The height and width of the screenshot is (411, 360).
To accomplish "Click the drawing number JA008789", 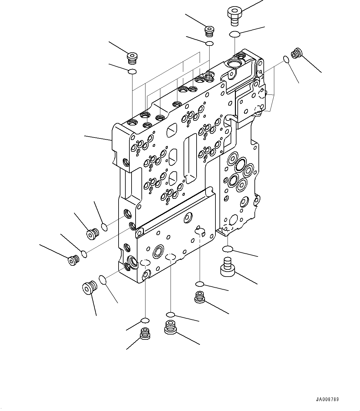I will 327,399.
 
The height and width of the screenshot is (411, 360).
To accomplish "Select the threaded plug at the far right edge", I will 296,53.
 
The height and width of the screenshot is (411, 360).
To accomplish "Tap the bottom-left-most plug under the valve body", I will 145,333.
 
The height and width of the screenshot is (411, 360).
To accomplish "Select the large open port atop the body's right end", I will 233,64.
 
